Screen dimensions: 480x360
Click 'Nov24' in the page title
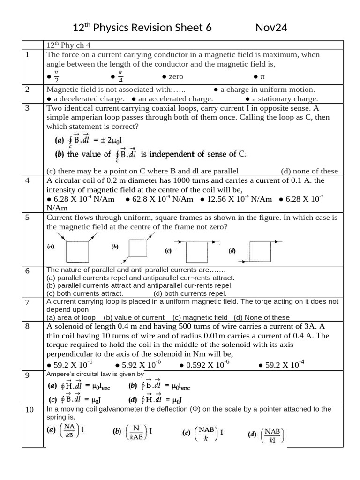click(x=271, y=28)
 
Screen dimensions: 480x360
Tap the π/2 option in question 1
click(x=54, y=76)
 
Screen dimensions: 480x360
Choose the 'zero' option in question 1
click(x=172, y=76)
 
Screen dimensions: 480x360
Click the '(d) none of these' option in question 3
click(x=309, y=171)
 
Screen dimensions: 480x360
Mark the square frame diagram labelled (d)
click(x=259, y=251)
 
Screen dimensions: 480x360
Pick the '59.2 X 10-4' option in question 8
click(x=281, y=365)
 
